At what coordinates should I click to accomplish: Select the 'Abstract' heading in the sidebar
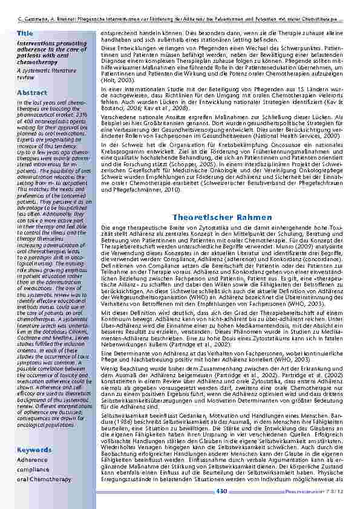pos(31,92)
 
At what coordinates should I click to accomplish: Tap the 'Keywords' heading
pos(34,450)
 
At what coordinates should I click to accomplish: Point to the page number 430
pos(221,491)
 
